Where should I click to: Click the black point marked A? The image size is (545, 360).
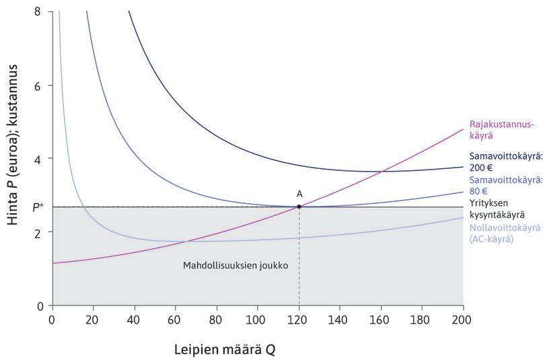(299, 207)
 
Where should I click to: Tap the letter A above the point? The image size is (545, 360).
(299, 194)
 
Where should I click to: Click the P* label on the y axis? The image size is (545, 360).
(38, 207)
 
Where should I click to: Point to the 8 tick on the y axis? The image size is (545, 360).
(39, 11)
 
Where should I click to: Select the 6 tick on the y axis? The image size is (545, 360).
(39, 85)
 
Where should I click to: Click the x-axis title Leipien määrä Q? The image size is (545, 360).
(225, 350)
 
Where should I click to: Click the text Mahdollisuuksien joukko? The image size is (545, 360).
(235, 266)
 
